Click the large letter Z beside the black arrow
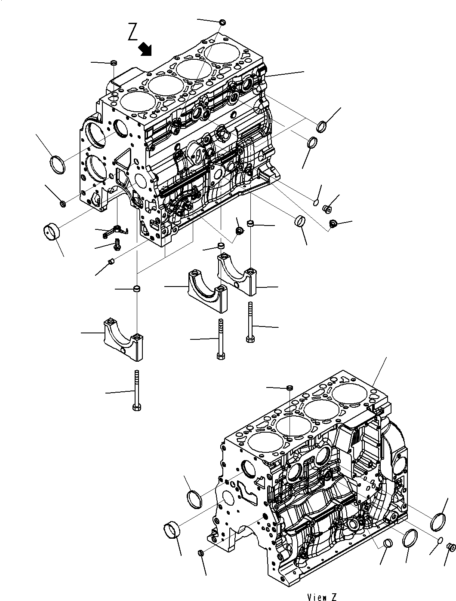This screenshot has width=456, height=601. coord(133,32)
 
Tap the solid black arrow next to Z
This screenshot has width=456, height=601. coord(146,49)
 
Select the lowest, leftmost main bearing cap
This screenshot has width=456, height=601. coord(122,338)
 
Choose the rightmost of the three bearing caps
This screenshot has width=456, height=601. coord(237,273)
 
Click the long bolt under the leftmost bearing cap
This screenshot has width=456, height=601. coord(137,391)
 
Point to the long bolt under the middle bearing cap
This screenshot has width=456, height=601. coord(221,339)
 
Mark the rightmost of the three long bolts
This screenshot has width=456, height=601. coord(250,322)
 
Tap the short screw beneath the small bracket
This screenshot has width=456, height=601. coord(117,246)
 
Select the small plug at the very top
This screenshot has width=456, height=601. coord(222,22)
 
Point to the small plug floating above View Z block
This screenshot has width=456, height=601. coord(290,388)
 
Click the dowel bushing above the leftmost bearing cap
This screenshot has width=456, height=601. coord(137,288)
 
